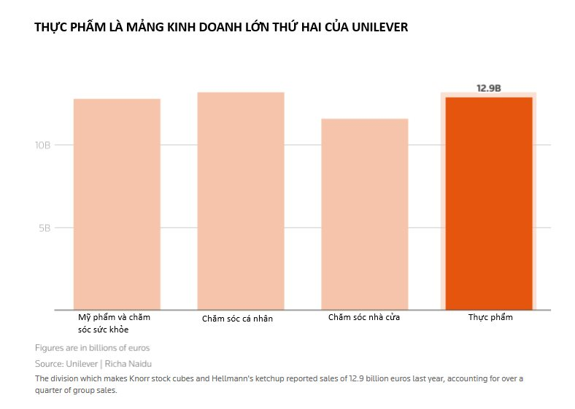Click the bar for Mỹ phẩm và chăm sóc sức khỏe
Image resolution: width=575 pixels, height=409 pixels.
[117, 204]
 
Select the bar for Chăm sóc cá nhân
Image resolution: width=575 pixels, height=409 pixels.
[241, 200]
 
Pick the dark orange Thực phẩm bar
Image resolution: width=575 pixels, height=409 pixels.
[488, 203]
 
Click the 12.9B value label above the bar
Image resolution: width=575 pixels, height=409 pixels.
[488, 87]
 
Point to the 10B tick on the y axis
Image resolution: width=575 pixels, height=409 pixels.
[42, 145]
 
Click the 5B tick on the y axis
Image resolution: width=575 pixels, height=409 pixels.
[45, 227]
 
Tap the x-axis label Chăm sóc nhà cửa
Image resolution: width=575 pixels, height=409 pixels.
[363, 318]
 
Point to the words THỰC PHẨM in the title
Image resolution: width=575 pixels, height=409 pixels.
[63, 28]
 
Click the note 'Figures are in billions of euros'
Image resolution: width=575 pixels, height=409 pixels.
[92, 348]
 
